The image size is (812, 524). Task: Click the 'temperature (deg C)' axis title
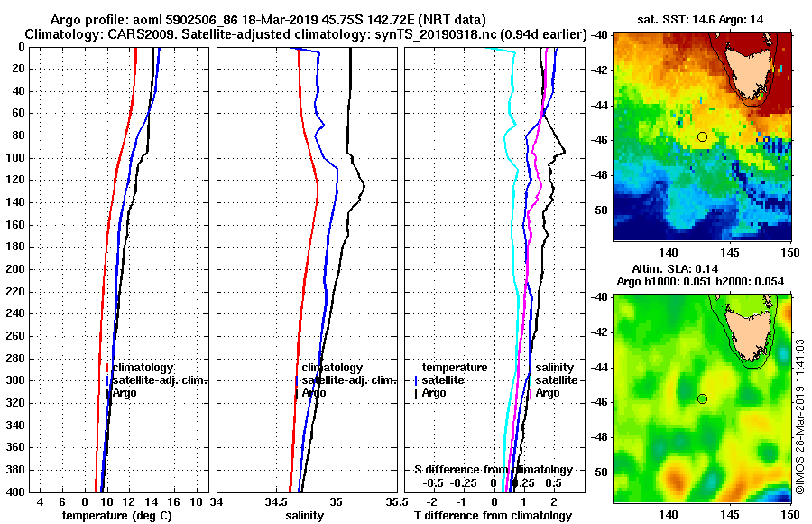pos(116,516)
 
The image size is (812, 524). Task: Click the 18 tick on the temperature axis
pos(197,502)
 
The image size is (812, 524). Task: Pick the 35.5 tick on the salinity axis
pos(393,502)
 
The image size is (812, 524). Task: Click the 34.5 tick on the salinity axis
pos(276,502)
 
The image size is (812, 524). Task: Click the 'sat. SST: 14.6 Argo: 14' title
pos(704,17)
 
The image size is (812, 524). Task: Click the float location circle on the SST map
pos(702,136)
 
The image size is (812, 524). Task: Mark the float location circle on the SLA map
pos(702,398)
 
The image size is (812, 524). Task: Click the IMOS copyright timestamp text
pos(800,416)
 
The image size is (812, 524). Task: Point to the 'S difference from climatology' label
pos(493,470)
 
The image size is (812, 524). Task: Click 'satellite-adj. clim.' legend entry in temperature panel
pos(160,380)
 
